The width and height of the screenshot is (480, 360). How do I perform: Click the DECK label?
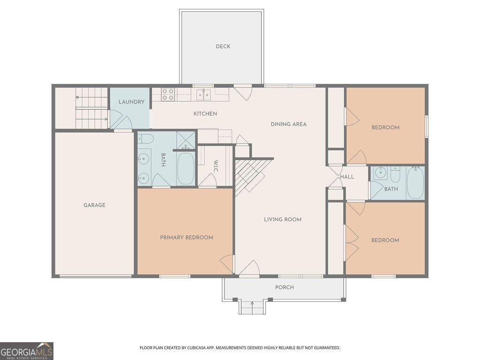[x=223, y=46]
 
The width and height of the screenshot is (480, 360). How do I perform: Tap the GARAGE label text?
[x=94, y=205]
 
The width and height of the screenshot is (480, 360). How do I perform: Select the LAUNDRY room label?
[x=131, y=102]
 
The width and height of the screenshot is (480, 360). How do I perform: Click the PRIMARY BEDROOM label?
[x=187, y=238]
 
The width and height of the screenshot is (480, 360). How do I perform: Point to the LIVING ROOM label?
[x=282, y=219]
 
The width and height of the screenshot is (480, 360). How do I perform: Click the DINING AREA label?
[x=288, y=124]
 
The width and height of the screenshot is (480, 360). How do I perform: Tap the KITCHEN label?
[x=205, y=114]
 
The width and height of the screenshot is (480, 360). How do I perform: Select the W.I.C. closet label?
[x=216, y=166]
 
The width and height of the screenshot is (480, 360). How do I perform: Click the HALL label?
[x=347, y=177]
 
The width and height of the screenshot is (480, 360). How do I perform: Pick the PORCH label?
[x=285, y=287]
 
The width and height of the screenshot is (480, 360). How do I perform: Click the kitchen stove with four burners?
[x=168, y=95]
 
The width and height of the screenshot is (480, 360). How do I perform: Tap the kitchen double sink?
[x=203, y=94]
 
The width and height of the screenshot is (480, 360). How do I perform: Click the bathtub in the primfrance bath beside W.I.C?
[x=186, y=168]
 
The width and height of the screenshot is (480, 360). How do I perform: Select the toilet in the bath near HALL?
[x=395, y=174]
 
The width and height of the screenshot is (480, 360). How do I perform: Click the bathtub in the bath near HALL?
[x=415, y=183]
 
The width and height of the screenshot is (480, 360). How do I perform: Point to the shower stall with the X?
[x=186, y=140]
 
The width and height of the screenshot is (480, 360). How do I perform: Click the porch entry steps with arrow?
[x=252, y=307]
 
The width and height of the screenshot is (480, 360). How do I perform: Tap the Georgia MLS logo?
[x=27, y=351]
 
